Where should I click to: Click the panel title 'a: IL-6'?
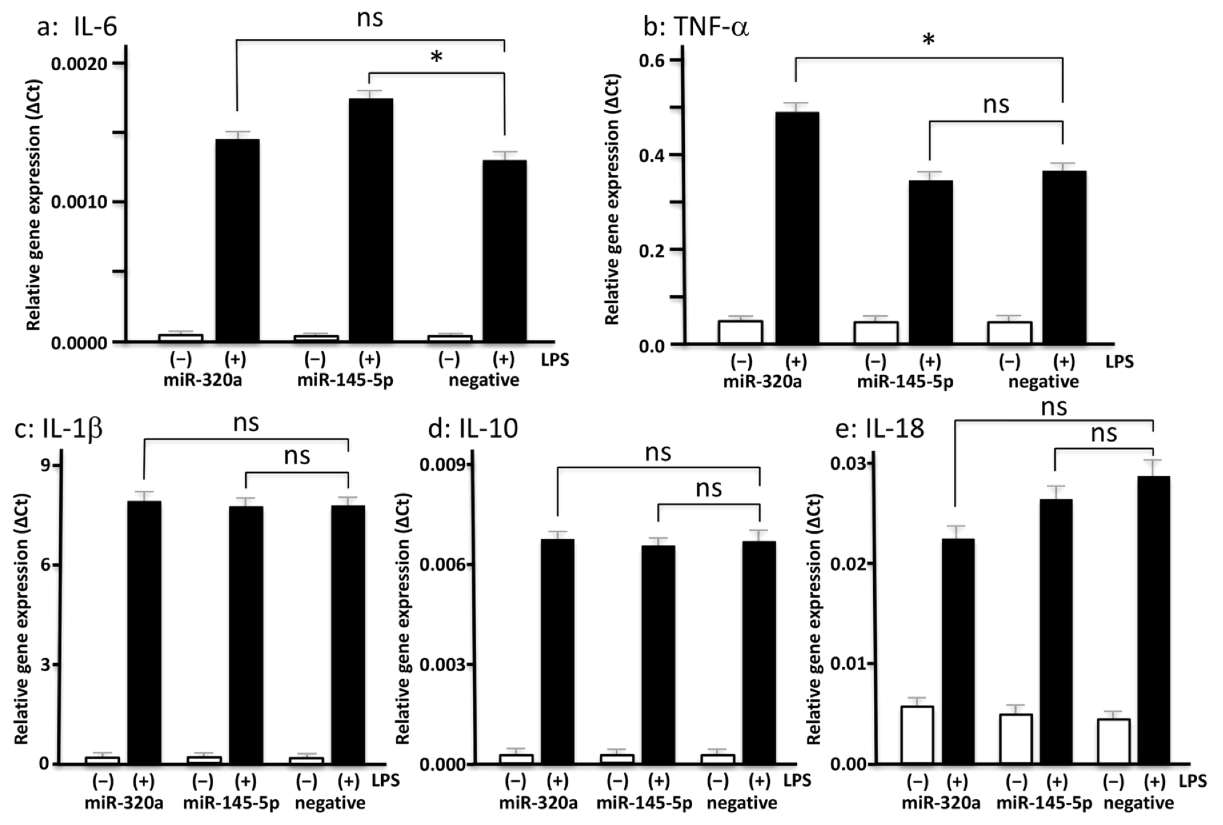tap(77, 27)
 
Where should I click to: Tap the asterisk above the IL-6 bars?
tap(436, 58)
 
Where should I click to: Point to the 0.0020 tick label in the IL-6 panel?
tap(79, 63)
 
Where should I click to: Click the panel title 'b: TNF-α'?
tap(696, 27)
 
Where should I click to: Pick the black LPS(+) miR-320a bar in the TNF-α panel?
tap(796, 228)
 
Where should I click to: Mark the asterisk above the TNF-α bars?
tap(928, 41)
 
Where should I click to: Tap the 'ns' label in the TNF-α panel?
tap(996, 105)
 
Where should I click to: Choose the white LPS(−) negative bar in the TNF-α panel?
tap(1009, 332)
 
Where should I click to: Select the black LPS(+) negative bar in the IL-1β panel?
tap(348, 634)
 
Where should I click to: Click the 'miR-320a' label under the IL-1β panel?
tap(124, 803)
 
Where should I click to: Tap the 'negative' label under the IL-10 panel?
tap(741, 803)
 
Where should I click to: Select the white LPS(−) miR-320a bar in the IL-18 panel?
tap(917, 735)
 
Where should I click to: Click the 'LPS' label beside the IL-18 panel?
tap(1192, 781)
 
